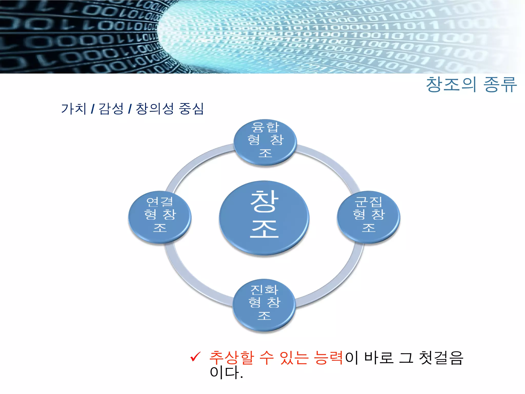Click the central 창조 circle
(264, 218)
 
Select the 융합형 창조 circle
(265, 142)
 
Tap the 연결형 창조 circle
(160, 217)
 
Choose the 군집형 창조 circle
(369, 217)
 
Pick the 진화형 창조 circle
(264, 305)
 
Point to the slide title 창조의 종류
(471, 84)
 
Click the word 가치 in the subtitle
(74, 109)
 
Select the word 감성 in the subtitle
(111, 109)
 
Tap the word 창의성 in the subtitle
(155, 109)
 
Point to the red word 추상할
(231, 358)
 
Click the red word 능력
(329, 358)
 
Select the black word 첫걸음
(441, 358)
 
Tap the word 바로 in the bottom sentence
(379, 358)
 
